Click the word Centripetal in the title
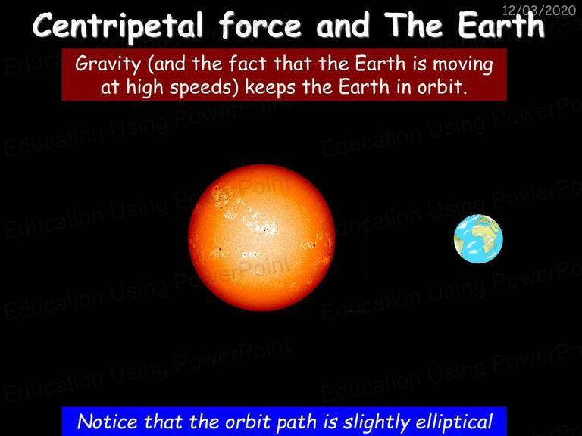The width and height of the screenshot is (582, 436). coord(118,26)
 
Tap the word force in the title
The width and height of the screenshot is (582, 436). coord(260,25)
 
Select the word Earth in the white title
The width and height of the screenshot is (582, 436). coord(502,25)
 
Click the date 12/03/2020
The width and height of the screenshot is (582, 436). coord(539,10)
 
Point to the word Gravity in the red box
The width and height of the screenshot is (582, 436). coord(108,64)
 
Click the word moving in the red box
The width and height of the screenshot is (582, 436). coord(463,64)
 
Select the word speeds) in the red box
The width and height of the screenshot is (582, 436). coord(204,88)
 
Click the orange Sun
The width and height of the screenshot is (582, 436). coord(261,237)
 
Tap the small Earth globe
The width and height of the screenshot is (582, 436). coord(478,238)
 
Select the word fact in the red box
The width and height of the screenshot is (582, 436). coord(248,64)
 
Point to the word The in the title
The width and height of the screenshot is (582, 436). coord(413,25)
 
